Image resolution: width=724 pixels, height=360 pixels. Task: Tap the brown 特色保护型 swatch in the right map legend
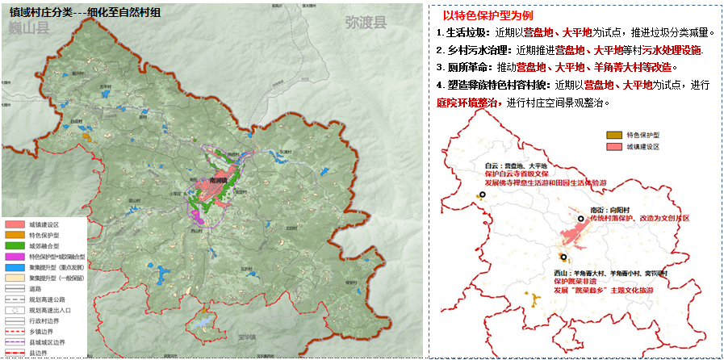[613, 135]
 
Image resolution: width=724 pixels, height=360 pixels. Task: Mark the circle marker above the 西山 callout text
[563, 257]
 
